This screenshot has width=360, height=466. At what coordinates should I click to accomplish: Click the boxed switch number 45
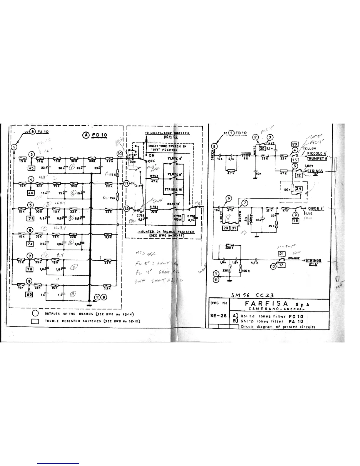(31, 168)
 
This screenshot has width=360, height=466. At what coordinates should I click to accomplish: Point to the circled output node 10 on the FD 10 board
(120, 154)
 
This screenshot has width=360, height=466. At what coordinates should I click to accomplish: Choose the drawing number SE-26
(218, 316)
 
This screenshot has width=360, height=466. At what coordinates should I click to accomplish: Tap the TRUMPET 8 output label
(317, 158)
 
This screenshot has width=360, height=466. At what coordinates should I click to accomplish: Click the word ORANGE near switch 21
(294, 258)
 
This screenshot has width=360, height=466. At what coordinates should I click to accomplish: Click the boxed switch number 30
(262, 149)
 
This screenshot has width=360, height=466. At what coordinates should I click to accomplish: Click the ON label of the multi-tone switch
(152, 155)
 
